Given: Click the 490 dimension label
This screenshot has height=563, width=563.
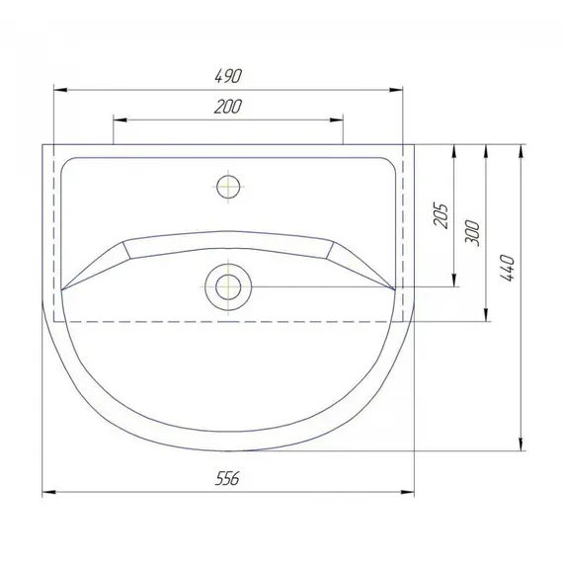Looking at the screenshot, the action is pos(228,76).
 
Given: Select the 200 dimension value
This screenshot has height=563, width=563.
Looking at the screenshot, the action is pos(228,107).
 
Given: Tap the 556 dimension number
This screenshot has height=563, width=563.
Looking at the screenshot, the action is pos(227,478).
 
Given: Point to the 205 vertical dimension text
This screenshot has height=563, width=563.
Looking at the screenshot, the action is pos(441,215).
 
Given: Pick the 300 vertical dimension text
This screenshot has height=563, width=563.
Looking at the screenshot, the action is pos(472,233).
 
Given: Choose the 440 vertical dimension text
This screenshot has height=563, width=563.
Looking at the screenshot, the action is pos(507,268).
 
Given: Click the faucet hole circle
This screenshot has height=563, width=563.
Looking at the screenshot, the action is pos(228,187).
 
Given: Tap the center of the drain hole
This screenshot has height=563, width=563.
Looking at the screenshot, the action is pos(228,286).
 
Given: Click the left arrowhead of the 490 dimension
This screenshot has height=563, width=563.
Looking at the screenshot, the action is pos(60,90).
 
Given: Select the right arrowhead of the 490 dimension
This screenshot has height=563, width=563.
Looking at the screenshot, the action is pos(396,90).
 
